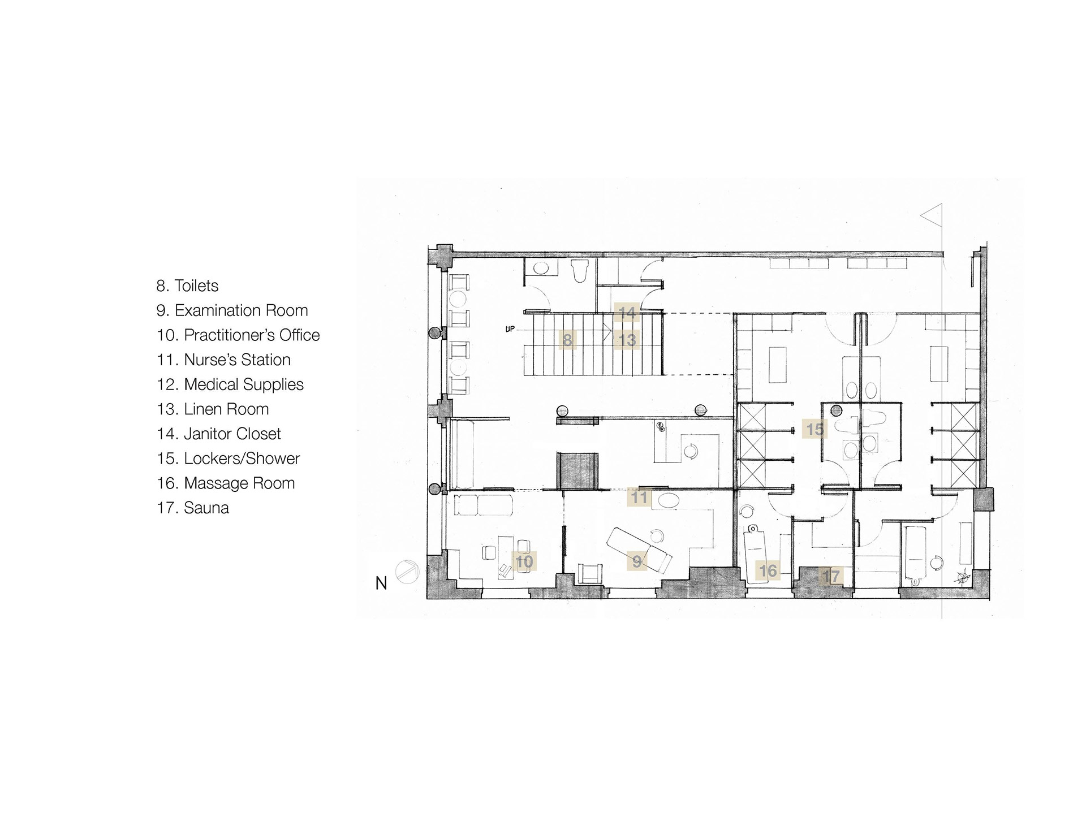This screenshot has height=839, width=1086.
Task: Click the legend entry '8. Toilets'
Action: click(x=187, y=286)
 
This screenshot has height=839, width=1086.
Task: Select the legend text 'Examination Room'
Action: click(x=241, y=310)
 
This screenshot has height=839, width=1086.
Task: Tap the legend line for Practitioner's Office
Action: click(x=238, y=335)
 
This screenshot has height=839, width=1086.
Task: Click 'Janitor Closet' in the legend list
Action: click(x=232, y=434)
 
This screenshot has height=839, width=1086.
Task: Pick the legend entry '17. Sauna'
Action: click(x=193, y=508)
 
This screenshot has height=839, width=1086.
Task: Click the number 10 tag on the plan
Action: click(x=524, y=561)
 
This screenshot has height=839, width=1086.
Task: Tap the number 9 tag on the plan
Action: click(x=637, y=561)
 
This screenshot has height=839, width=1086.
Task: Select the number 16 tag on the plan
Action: click(x=768, y=571)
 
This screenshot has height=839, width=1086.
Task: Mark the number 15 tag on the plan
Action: click(x=815, y=430)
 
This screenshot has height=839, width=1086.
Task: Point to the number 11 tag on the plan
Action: click(x=639, y=497)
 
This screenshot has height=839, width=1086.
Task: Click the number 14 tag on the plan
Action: click(x=627, y=312)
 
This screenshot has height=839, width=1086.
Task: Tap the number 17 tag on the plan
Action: click(x=831, y=577)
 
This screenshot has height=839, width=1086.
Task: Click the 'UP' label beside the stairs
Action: click(x=510, y=329)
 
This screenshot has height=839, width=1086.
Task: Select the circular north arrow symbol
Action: click(x=407, y=572)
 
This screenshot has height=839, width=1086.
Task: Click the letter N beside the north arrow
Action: click(x=381, y=583)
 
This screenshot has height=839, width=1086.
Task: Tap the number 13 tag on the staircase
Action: click(x=627, y=340)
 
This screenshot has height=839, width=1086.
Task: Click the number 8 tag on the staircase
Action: click(x=567, y=340)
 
